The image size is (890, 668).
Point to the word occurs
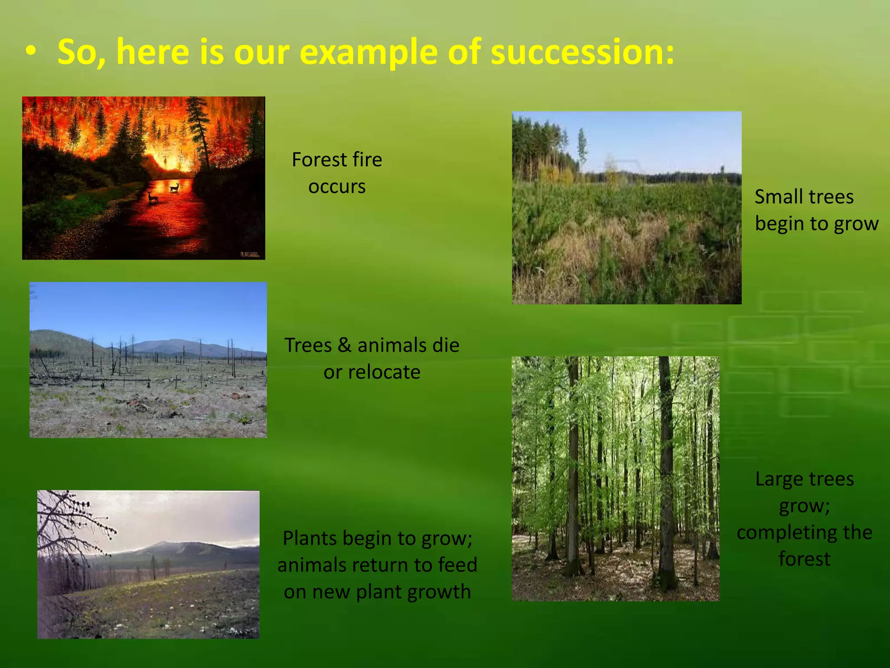coord(337,187)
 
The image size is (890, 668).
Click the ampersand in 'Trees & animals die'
coord(344,345)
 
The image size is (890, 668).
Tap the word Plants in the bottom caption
coord(309,539)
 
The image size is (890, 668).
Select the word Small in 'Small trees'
coord(772,197)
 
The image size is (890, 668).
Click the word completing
coord(779,533)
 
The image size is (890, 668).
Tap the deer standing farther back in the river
coord(174,187)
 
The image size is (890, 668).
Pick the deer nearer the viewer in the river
coord(153,197)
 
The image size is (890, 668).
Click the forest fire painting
coord(143,178)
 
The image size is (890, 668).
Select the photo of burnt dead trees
coord(148,360)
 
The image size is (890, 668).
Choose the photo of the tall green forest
coord(615,478)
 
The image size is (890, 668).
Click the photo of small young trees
coord(626,207)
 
